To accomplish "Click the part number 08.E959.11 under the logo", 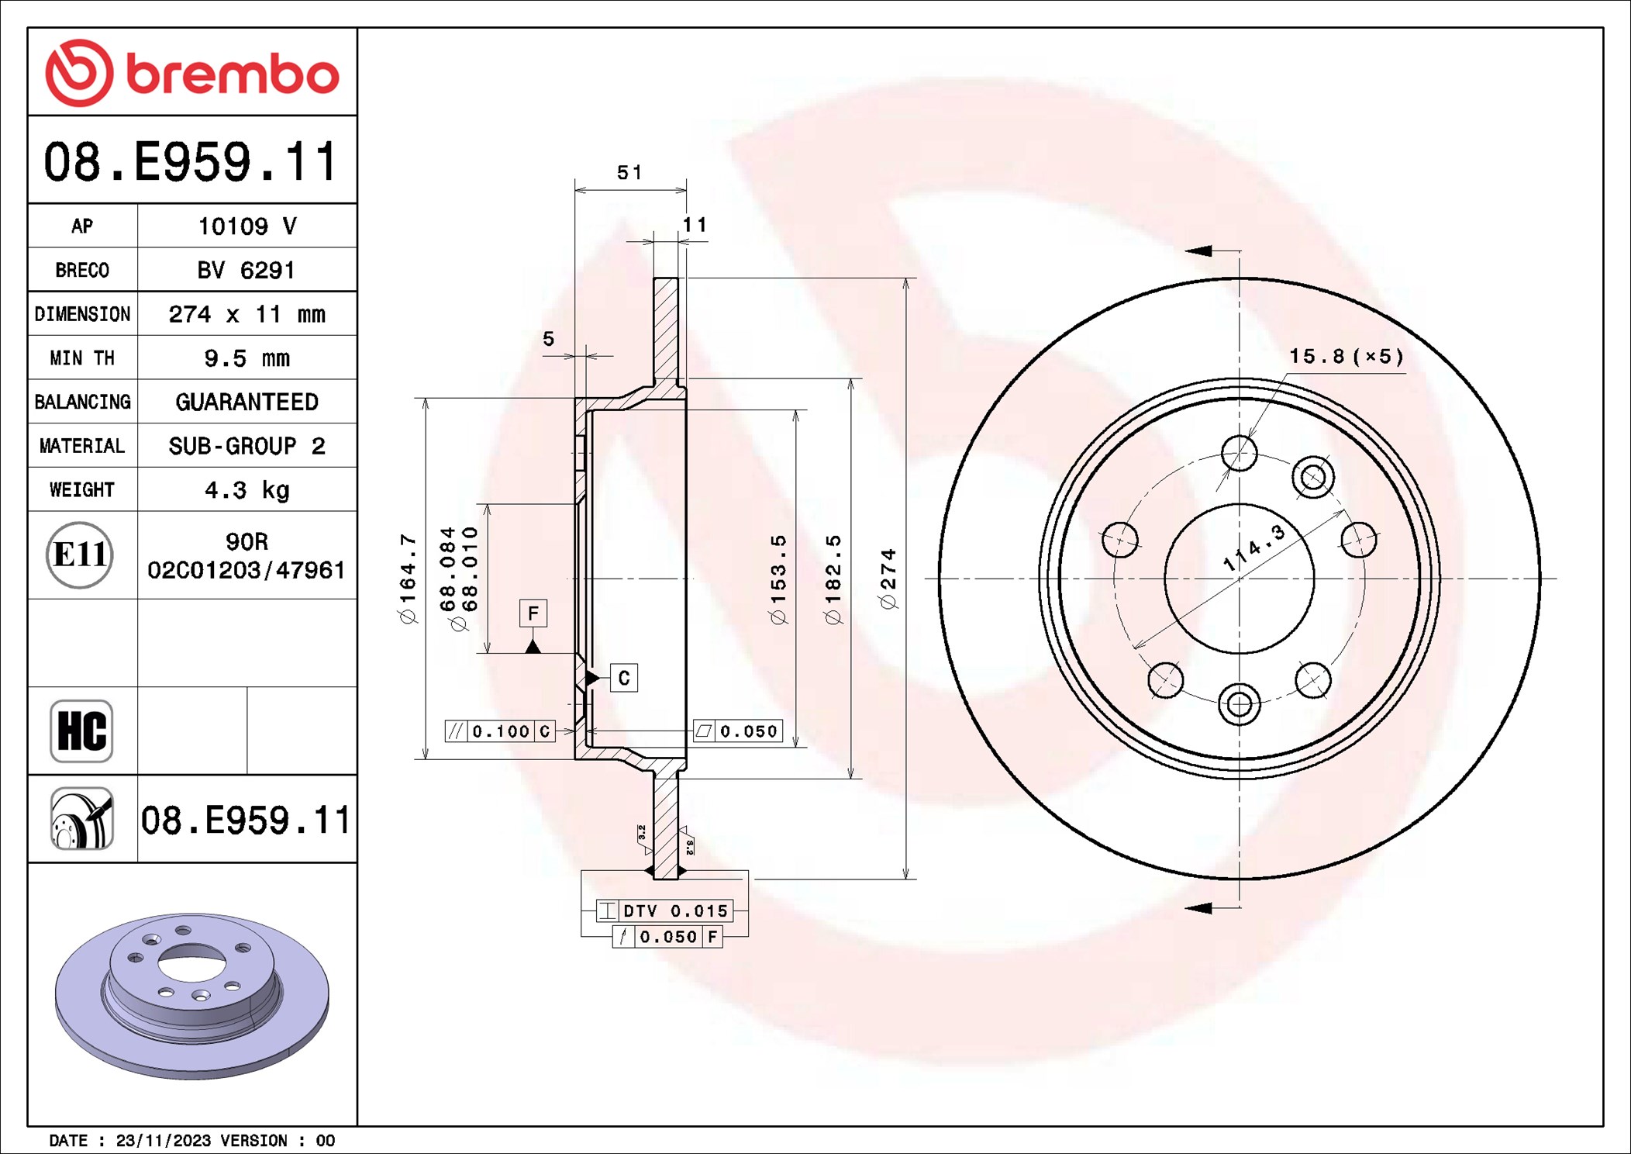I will tap(191, 162).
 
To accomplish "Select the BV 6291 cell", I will tap(246, 270).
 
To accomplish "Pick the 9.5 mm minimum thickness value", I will tap(246, 358).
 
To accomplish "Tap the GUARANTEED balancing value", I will tap(246, 402).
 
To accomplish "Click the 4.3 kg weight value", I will tap(246, 490).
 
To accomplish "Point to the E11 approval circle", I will tap(80, 555).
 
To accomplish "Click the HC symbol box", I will tap(81, 731).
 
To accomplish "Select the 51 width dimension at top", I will tap(629, 172).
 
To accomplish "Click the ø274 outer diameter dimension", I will tap(888, 579).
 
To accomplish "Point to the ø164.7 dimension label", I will tap(408, 579).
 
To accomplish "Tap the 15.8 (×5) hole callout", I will tap(1346, 357).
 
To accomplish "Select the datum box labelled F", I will tap(533, 613).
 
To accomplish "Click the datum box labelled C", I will tap(624, 678).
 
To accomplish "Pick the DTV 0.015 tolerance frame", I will tap(665, 910).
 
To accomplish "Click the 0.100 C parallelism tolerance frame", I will tap(500, 731).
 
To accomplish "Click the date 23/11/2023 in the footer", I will tap(163, 1140).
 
